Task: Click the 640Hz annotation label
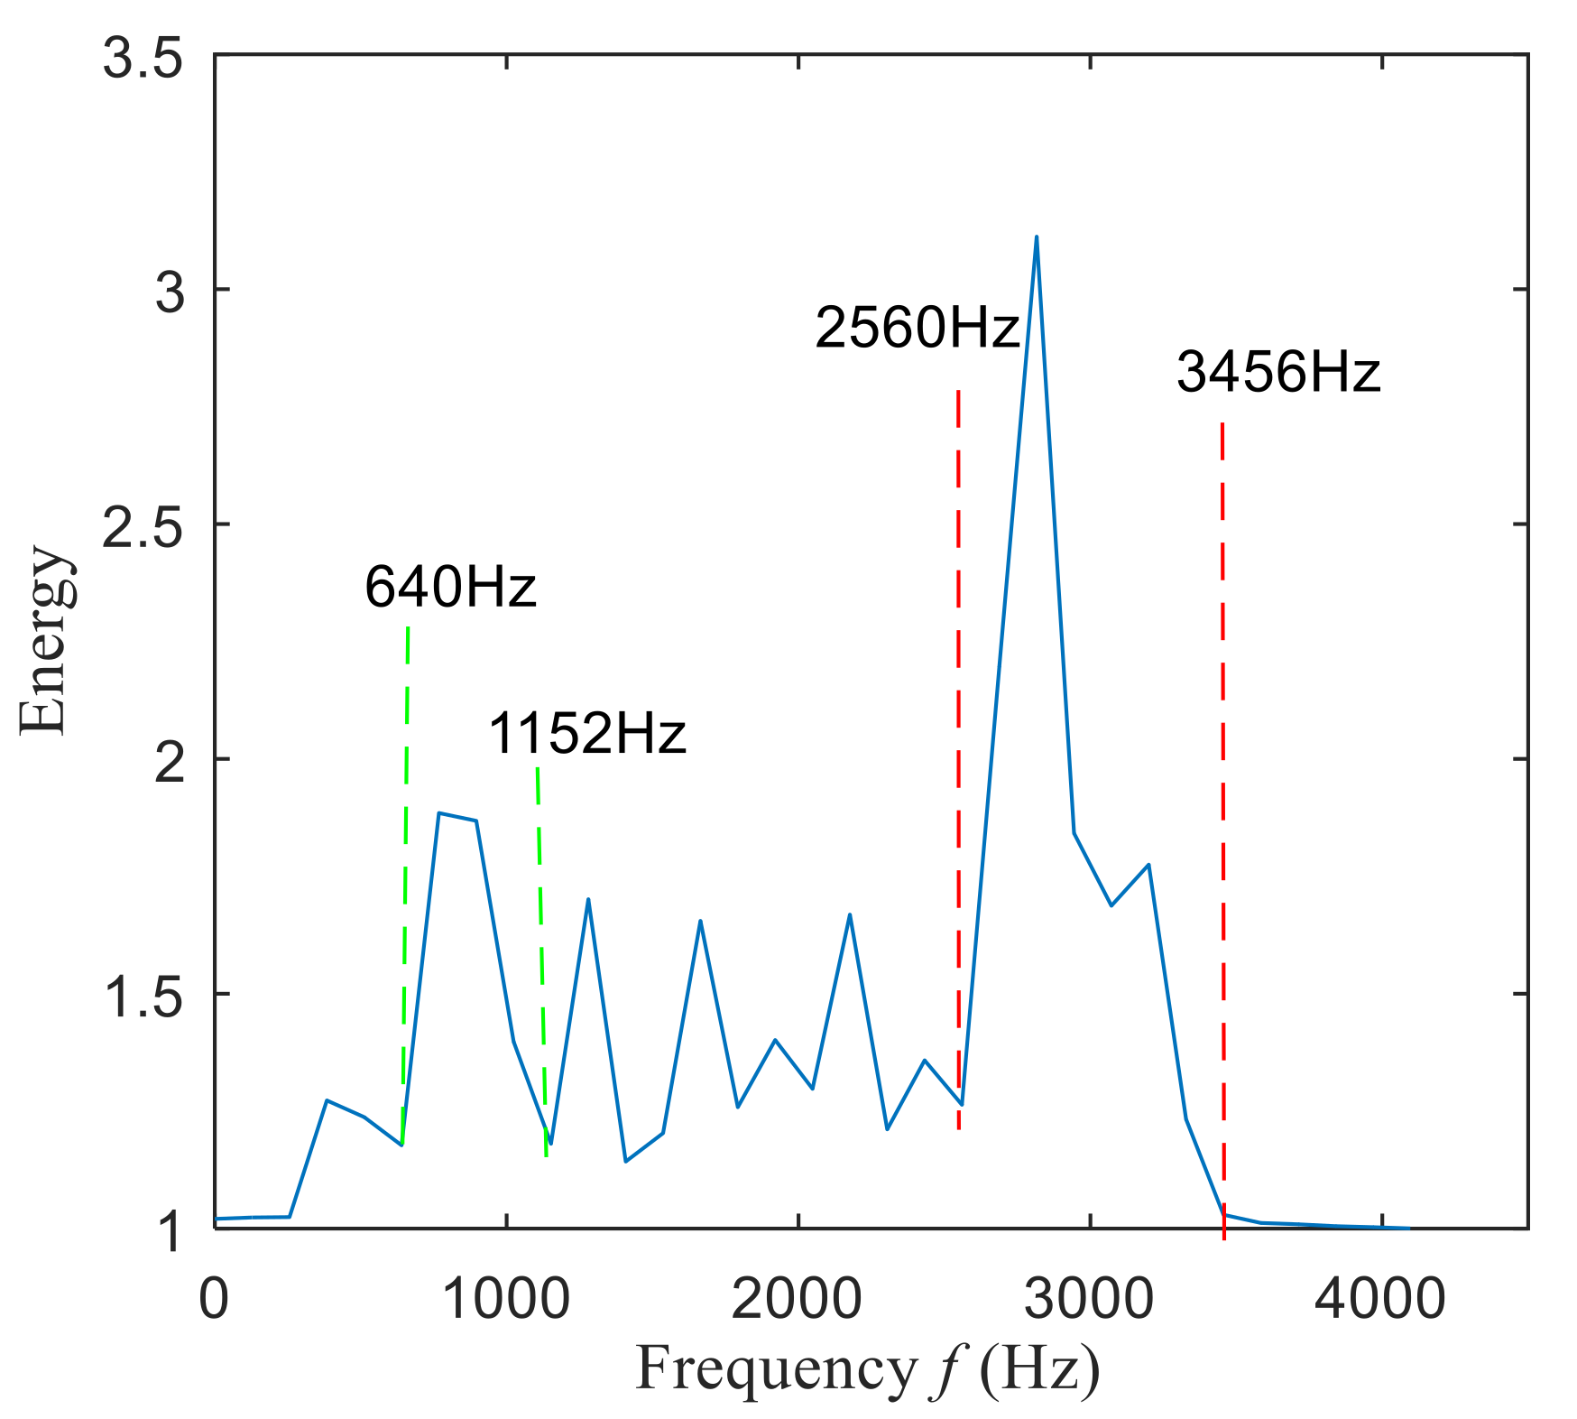click(450, 588)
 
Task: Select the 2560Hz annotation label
click(917, 328)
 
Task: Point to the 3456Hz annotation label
click(1278, 372)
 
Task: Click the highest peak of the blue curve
click(1037, 237)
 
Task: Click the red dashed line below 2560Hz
click(958, 758)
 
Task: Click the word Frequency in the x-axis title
click(776, 1368)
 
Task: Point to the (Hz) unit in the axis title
click(1039, 1368)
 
